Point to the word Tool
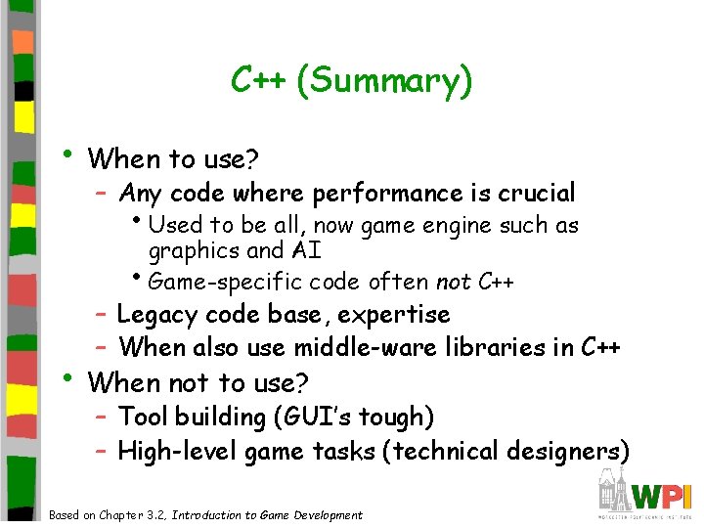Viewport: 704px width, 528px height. coord(141,418)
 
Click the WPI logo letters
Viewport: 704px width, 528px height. coord(661,495)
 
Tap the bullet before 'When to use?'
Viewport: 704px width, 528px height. coord(66,154)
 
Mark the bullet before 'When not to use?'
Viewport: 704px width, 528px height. coord(66,376)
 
